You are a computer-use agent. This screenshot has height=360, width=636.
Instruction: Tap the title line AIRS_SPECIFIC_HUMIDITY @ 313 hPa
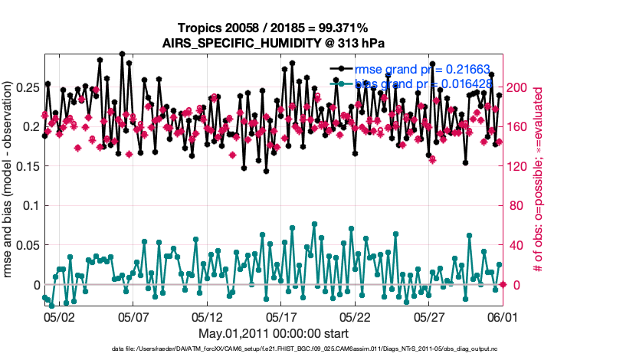tap(273, 43)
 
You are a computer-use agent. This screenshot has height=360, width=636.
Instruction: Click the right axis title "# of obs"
tap(539, 182)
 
